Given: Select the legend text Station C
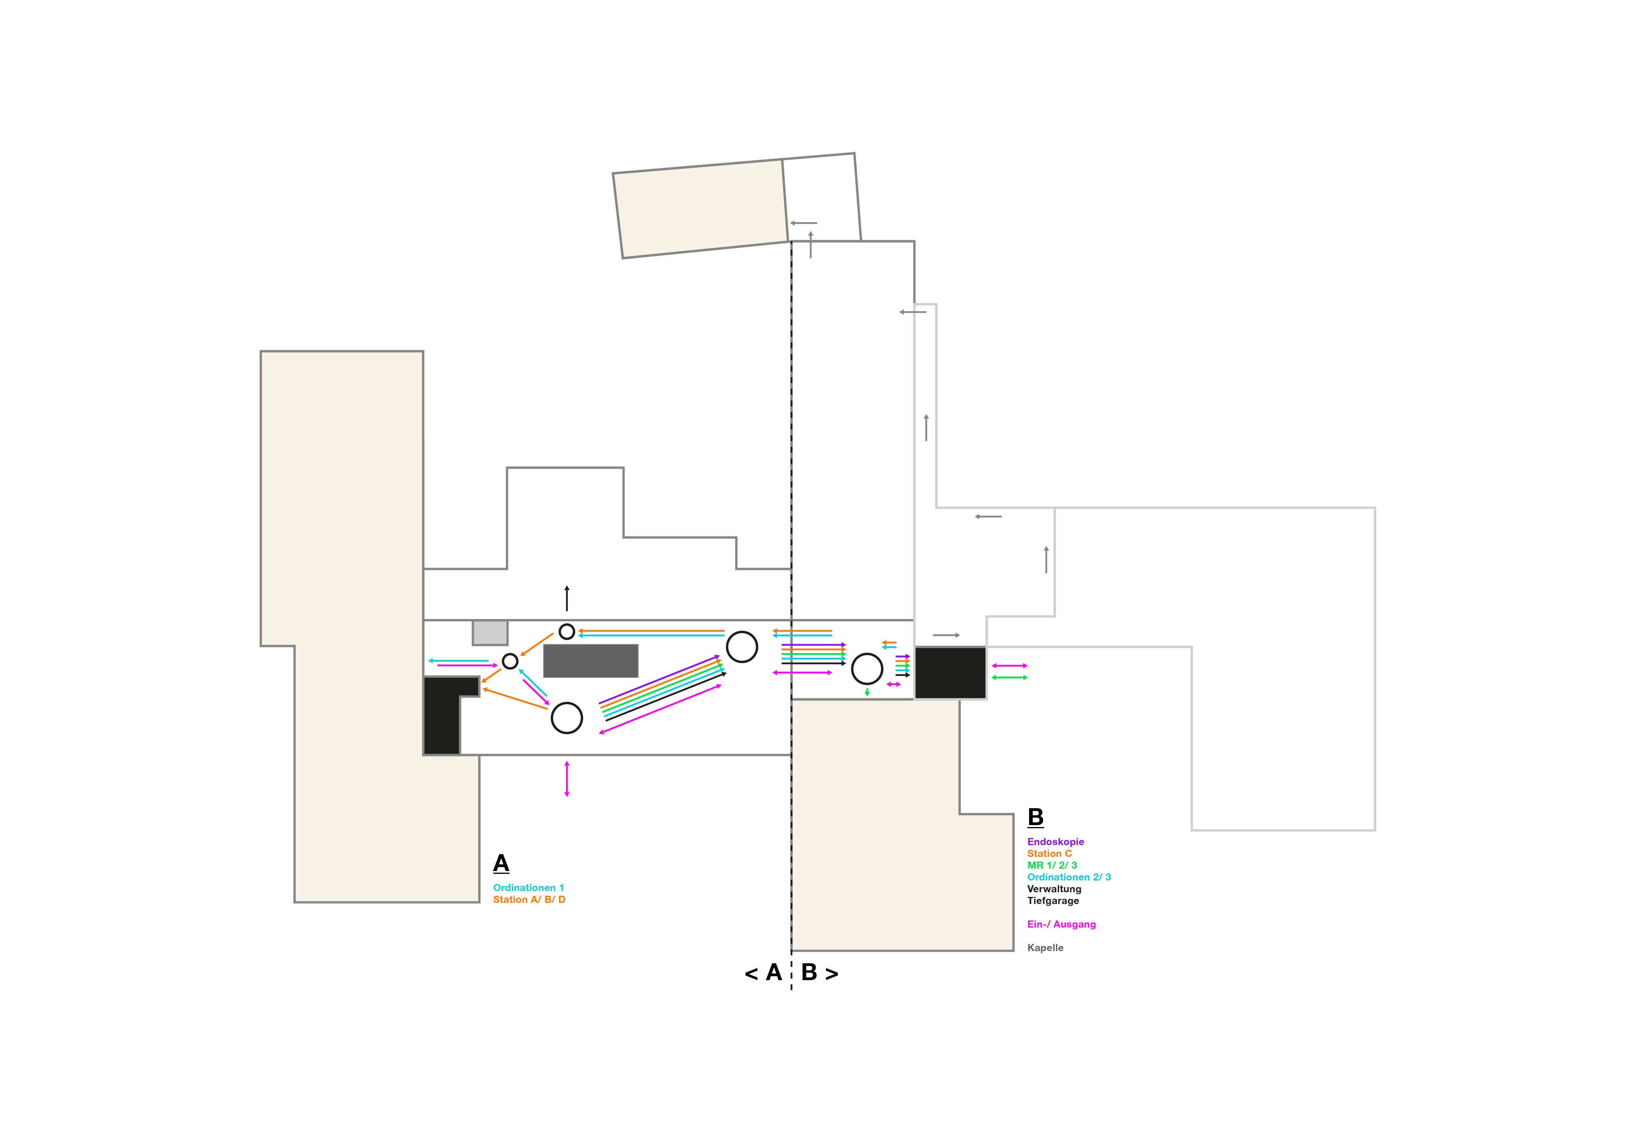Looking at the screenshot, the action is (1049, 854).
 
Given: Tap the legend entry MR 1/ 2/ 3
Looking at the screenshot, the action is (1052, 865).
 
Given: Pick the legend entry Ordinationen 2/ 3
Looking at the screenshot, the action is (1068, 877).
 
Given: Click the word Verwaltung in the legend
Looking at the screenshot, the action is (1054, 889).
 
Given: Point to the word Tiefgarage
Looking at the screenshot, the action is (1053, 900).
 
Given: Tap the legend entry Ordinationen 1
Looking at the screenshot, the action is (528, 888).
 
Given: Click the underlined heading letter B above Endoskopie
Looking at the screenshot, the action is (1035, 817).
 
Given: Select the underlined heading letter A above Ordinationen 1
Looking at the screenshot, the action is (501, 864).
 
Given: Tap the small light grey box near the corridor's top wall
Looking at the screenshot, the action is (490, 633).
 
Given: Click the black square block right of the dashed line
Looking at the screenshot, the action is (950, 673).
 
